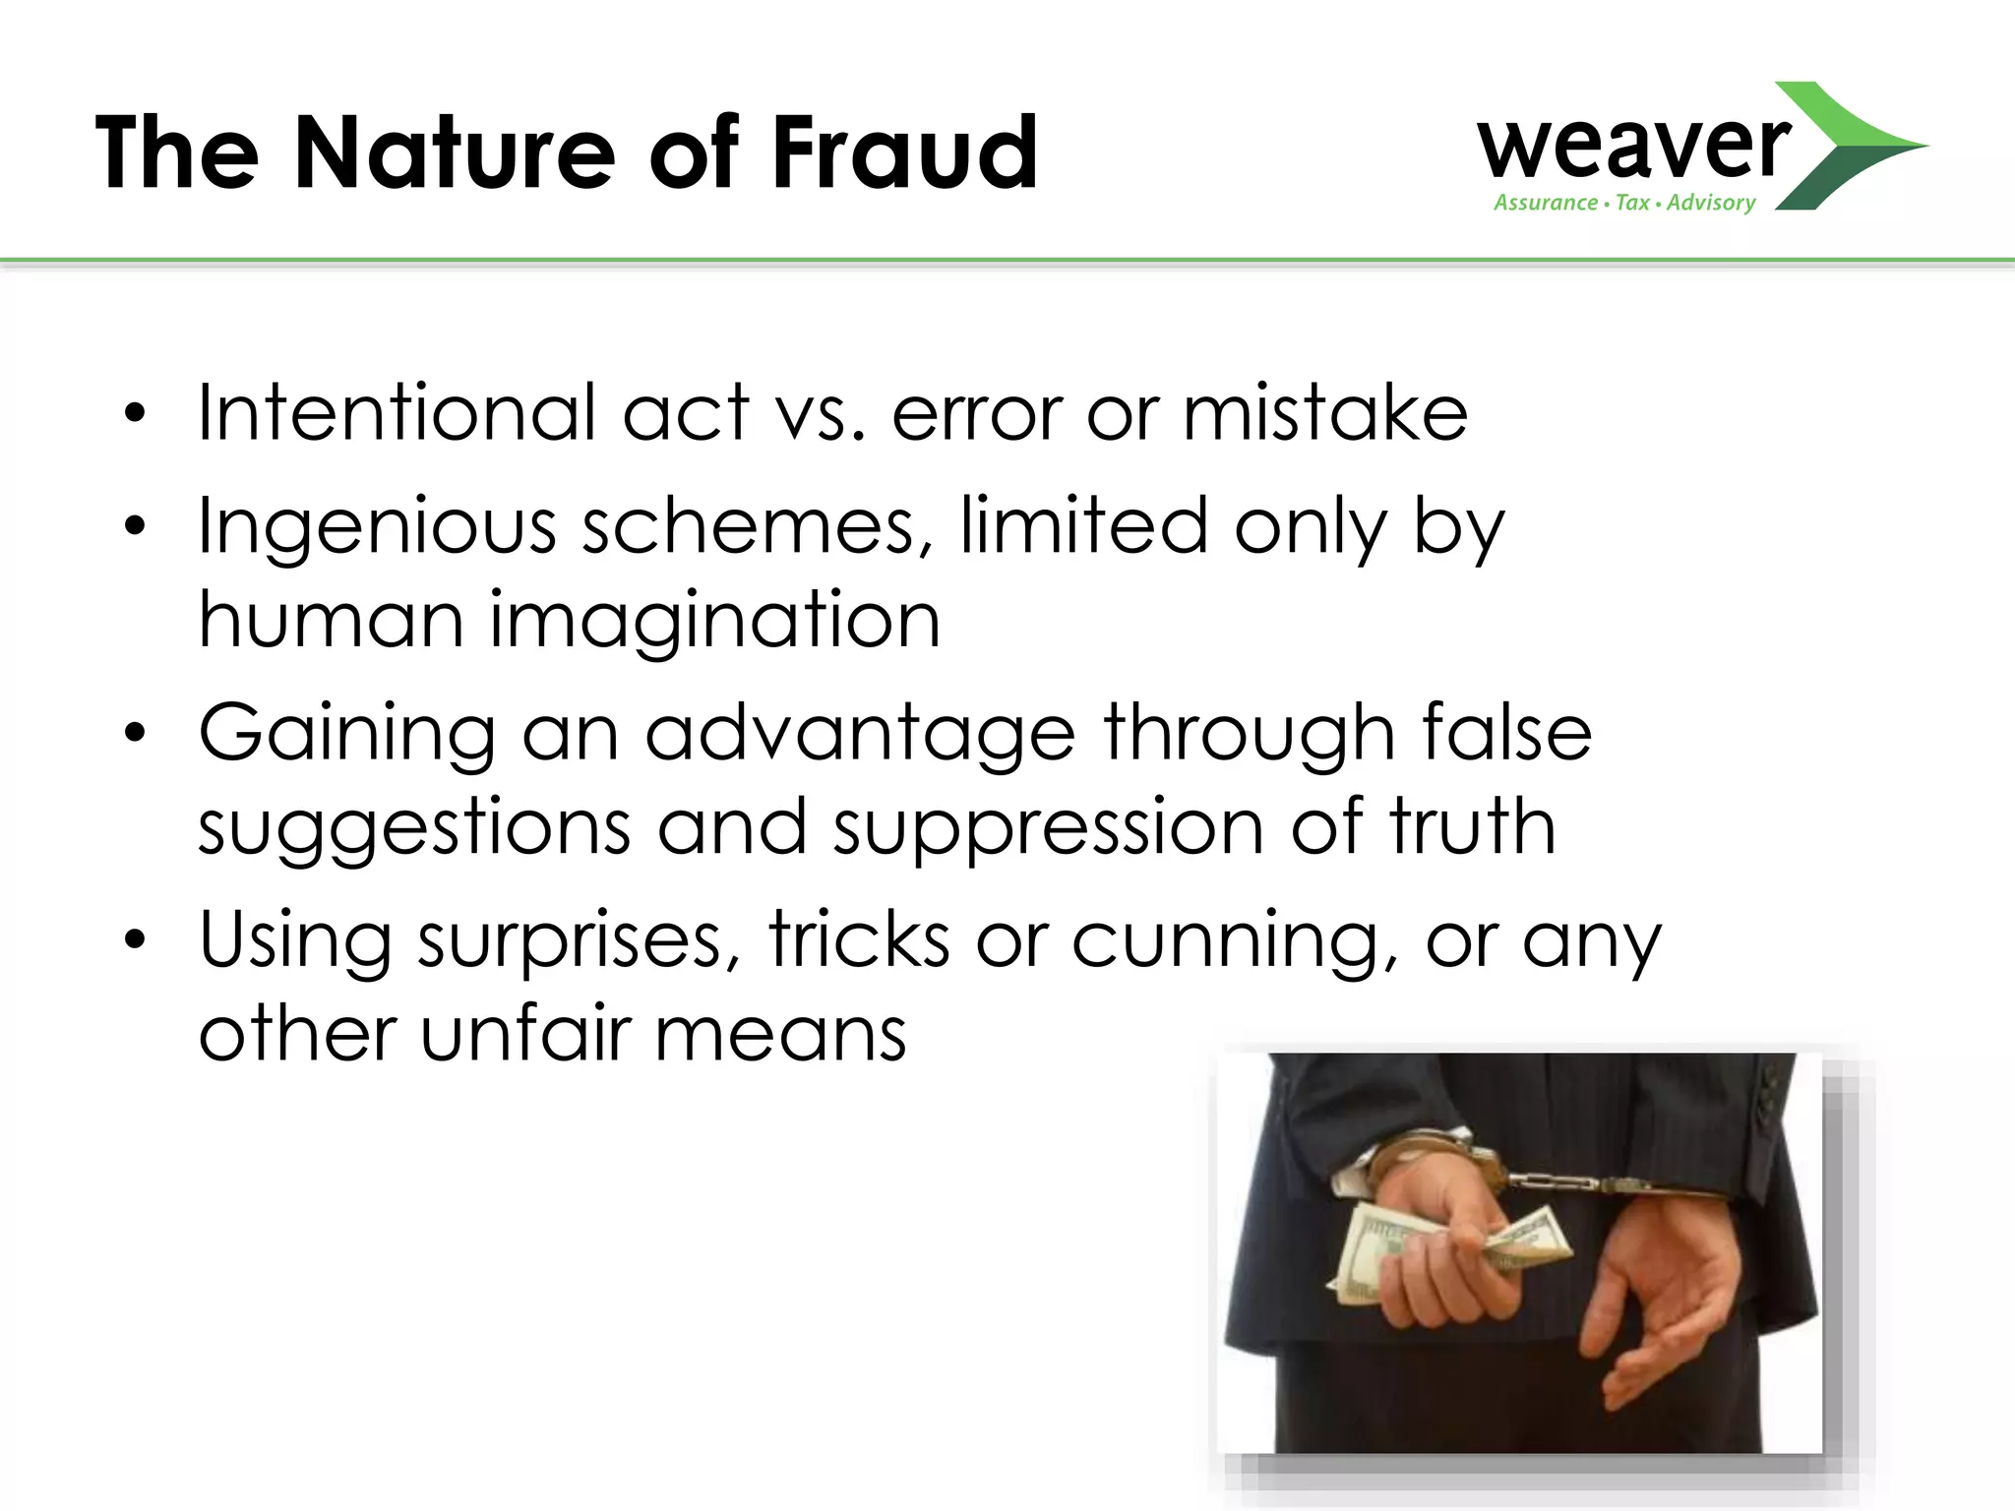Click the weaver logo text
point(1633,148)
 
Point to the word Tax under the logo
point(1632,203)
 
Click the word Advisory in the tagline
point(1711,203)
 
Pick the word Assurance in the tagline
point(1546,203)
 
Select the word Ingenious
point(377,525)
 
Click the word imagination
point(715,622)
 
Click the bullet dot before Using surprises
point(135,941)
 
